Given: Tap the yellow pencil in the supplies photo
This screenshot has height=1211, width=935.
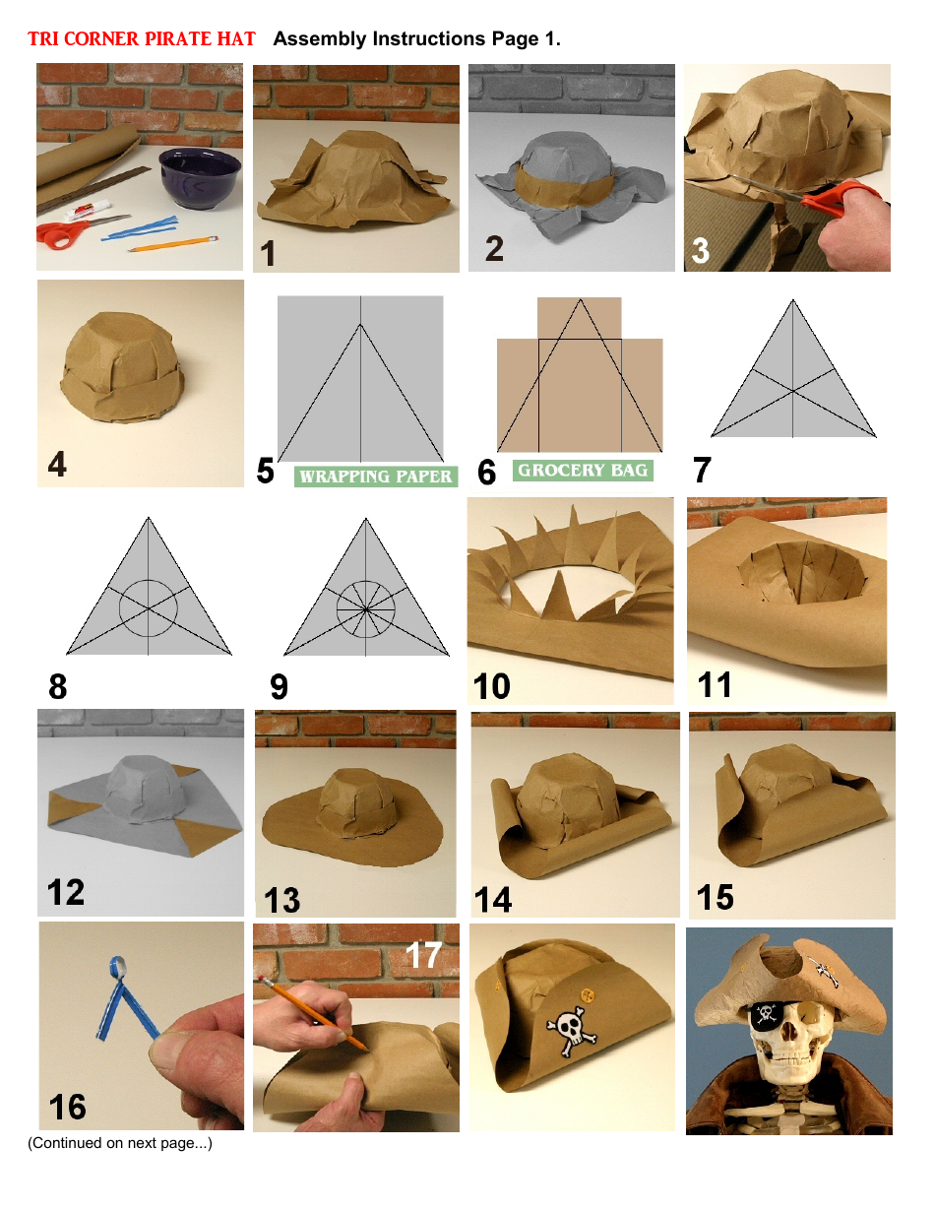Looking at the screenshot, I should click(x=172, y=243).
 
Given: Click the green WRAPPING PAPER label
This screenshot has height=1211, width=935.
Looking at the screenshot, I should click(x=375, y=477).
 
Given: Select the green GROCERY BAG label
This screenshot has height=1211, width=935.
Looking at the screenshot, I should click(x=582, y=471).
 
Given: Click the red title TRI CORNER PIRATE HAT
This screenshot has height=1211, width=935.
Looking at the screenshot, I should click(x=141, y=39).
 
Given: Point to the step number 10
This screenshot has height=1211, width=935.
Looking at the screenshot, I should click(x=491, y=685).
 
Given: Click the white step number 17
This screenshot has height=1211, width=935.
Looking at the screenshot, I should click(x=423, y=953).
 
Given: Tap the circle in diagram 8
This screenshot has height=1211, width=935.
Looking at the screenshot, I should click(x=149, y=608).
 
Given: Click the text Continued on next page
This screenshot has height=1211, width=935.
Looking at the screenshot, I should click(x=119, y=1143).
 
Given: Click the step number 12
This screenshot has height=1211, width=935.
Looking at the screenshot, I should click(x=66, y=892).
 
